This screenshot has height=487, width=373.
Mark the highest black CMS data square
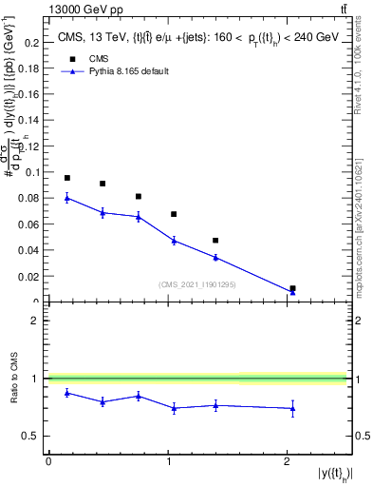[x=67, y=178]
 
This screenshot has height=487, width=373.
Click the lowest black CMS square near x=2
[x=292, y=287]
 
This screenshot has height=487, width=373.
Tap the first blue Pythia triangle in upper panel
[x=67, y=198]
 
